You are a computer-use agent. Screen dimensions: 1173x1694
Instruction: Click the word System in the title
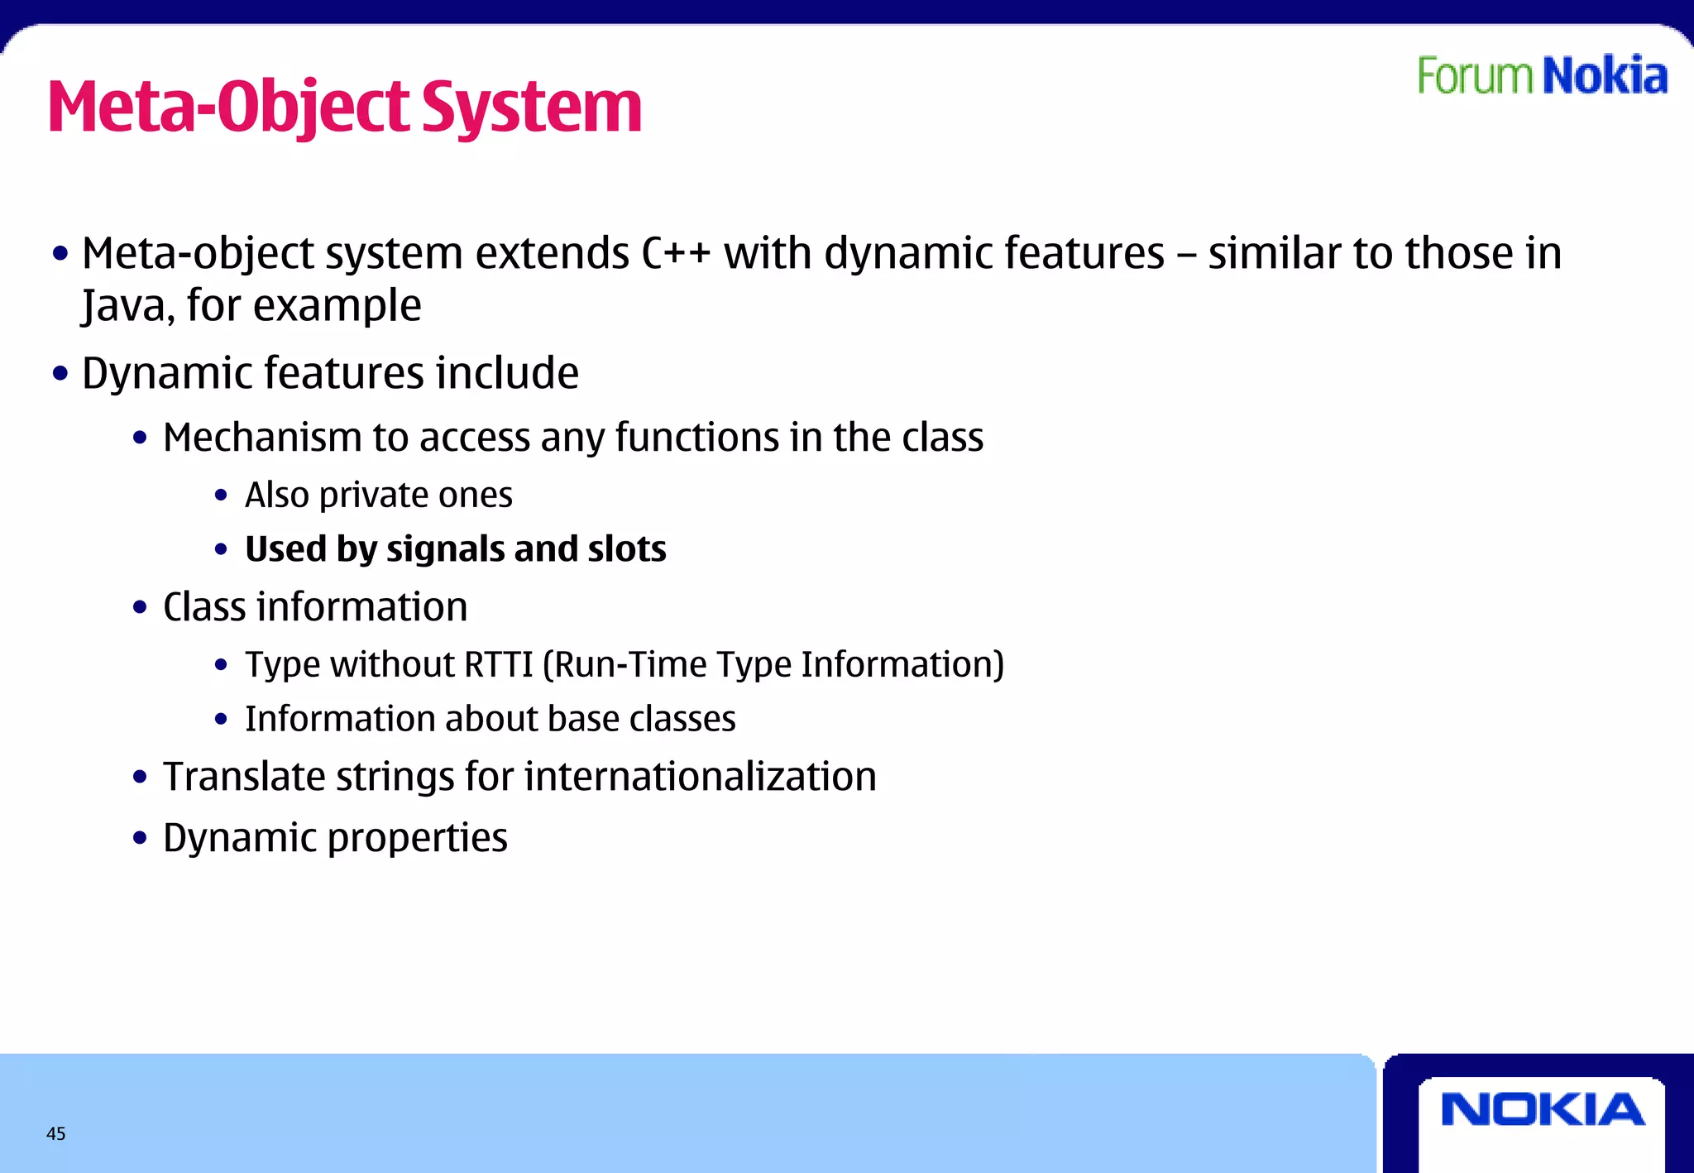(x=531, y=108)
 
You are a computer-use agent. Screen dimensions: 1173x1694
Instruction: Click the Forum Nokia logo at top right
(x=1542, y=76)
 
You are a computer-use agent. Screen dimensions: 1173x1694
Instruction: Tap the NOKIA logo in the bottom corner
(x=1542, y=1109)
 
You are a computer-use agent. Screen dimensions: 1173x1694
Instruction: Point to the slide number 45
(x=56, y=1134)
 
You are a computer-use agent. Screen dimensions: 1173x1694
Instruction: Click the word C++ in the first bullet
(x=676, y=253)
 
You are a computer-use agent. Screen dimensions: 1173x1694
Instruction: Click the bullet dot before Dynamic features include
(x=60, y=374)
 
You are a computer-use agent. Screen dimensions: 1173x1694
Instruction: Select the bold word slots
(x=626, y=549)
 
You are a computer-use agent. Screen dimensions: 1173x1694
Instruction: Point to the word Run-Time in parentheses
(x=627, y=664)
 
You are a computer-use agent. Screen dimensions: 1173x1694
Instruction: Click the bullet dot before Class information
(x=140, y=608)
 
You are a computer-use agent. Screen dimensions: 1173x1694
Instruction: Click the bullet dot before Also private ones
(x=221, y=496)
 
